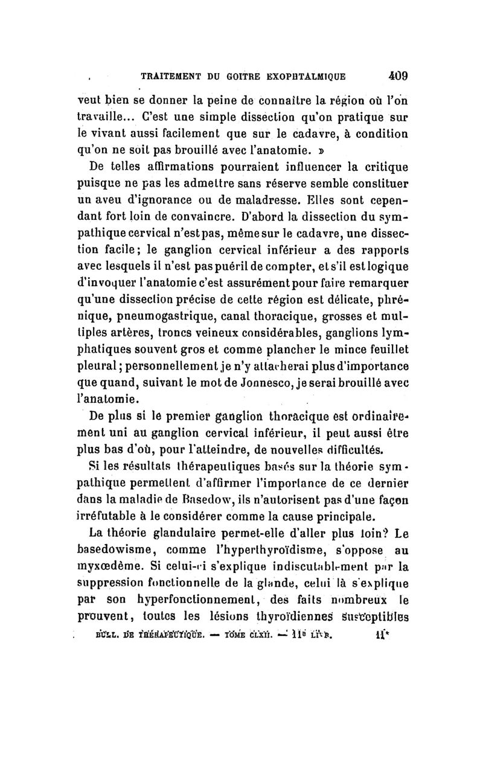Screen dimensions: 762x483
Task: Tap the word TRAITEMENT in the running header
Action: pos(173,77)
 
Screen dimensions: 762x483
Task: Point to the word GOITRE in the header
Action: pos(244,77)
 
